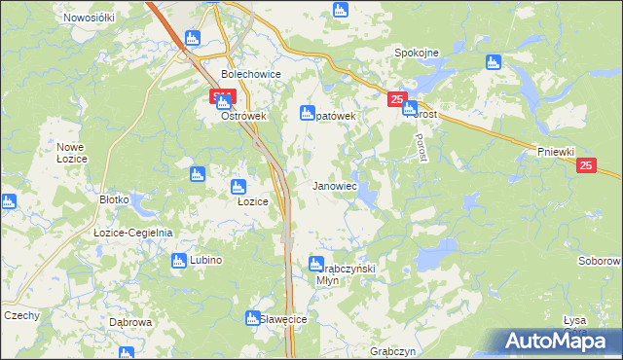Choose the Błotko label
pos(114,198)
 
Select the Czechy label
pos(21,315)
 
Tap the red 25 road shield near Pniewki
pos(585,166)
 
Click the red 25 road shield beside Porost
pos(396,99)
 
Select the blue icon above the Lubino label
pos(179,261)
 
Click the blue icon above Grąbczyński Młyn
pos(316,263)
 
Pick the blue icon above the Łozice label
pos(237,186)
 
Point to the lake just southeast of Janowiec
pos(367,198)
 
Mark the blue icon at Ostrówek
pos(223,100)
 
